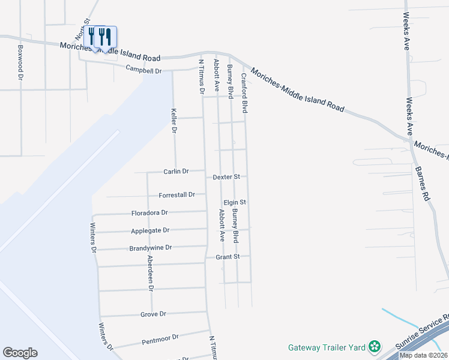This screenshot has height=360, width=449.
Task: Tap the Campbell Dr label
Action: pos(144,70)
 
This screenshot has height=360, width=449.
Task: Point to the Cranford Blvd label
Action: pos(245,93)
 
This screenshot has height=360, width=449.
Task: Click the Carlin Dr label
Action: pos(176,172)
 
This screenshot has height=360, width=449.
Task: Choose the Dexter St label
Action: pos(226,177)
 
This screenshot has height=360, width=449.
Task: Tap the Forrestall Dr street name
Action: pos(177,195)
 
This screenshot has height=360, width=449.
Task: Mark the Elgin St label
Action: pos(235,203)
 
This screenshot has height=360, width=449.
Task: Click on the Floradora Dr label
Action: pos(149,213)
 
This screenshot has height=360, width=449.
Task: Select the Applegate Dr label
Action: pos(151,230)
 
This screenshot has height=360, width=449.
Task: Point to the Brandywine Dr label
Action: pos(151,248)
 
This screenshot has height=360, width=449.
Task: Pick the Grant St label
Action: pos(228,257)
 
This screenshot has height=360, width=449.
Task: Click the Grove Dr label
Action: pos(153,314)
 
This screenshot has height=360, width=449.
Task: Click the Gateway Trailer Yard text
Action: pos(327,347)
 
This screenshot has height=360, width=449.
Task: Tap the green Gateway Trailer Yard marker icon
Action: pos(375,346)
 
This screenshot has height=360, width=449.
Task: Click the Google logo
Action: pos(20,353)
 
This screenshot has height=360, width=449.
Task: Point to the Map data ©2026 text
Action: pos(423,355)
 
